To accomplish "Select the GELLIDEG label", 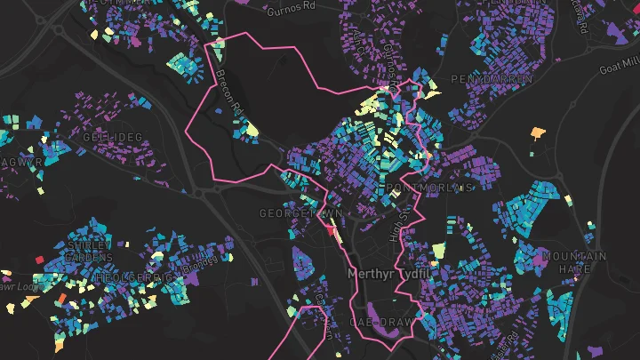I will [x=112, y=138].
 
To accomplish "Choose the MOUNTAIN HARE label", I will [x=575, y=262].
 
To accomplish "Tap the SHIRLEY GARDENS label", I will [x=89, y=251].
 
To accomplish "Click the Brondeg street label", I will [x=199, y=264].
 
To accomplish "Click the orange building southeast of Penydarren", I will [x=537, y=133].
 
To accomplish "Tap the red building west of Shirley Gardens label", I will [x=39, y=260].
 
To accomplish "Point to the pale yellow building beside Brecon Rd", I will [x=252, y=131].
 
